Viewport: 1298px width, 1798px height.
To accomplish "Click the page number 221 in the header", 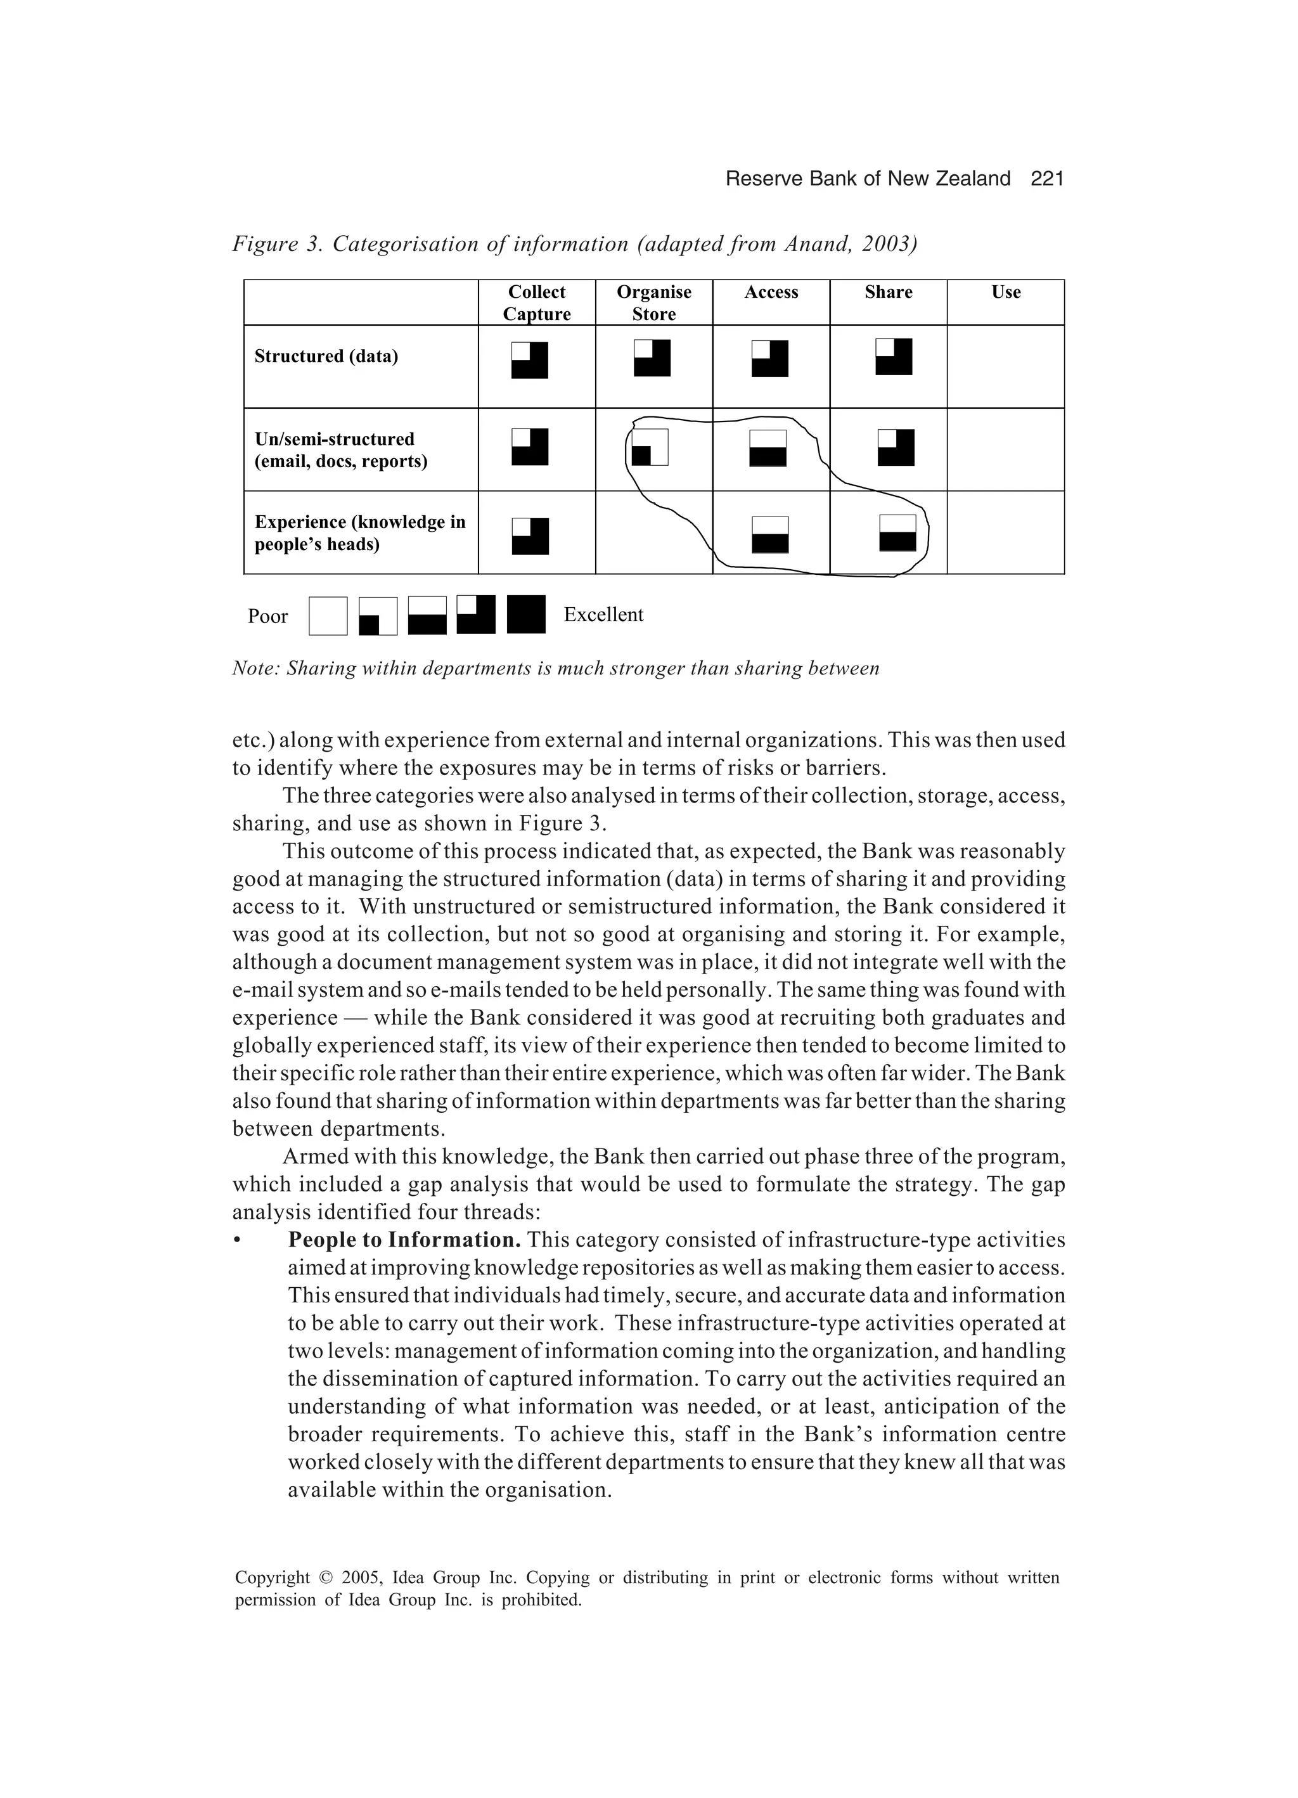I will point(1046,179).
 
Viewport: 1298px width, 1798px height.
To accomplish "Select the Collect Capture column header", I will point(537,303).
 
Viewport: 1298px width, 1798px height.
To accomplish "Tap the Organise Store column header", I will point(653,303).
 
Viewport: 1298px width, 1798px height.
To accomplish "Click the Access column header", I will point(771,293).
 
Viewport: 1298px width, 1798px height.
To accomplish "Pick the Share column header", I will point(888,293).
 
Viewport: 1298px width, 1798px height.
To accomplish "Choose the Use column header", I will point(1005,293).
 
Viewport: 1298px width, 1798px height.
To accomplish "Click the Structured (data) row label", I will point(326,357).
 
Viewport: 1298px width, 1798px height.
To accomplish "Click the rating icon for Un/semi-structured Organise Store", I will point(650,447).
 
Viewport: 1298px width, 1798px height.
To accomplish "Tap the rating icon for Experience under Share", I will point(897,533).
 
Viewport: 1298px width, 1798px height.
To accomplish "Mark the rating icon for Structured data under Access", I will point(770,358).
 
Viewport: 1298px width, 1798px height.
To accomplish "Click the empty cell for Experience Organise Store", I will point(653,533).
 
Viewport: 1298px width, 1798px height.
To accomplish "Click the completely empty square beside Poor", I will point(328,616).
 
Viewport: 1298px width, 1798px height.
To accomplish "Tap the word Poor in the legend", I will point(267,617).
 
